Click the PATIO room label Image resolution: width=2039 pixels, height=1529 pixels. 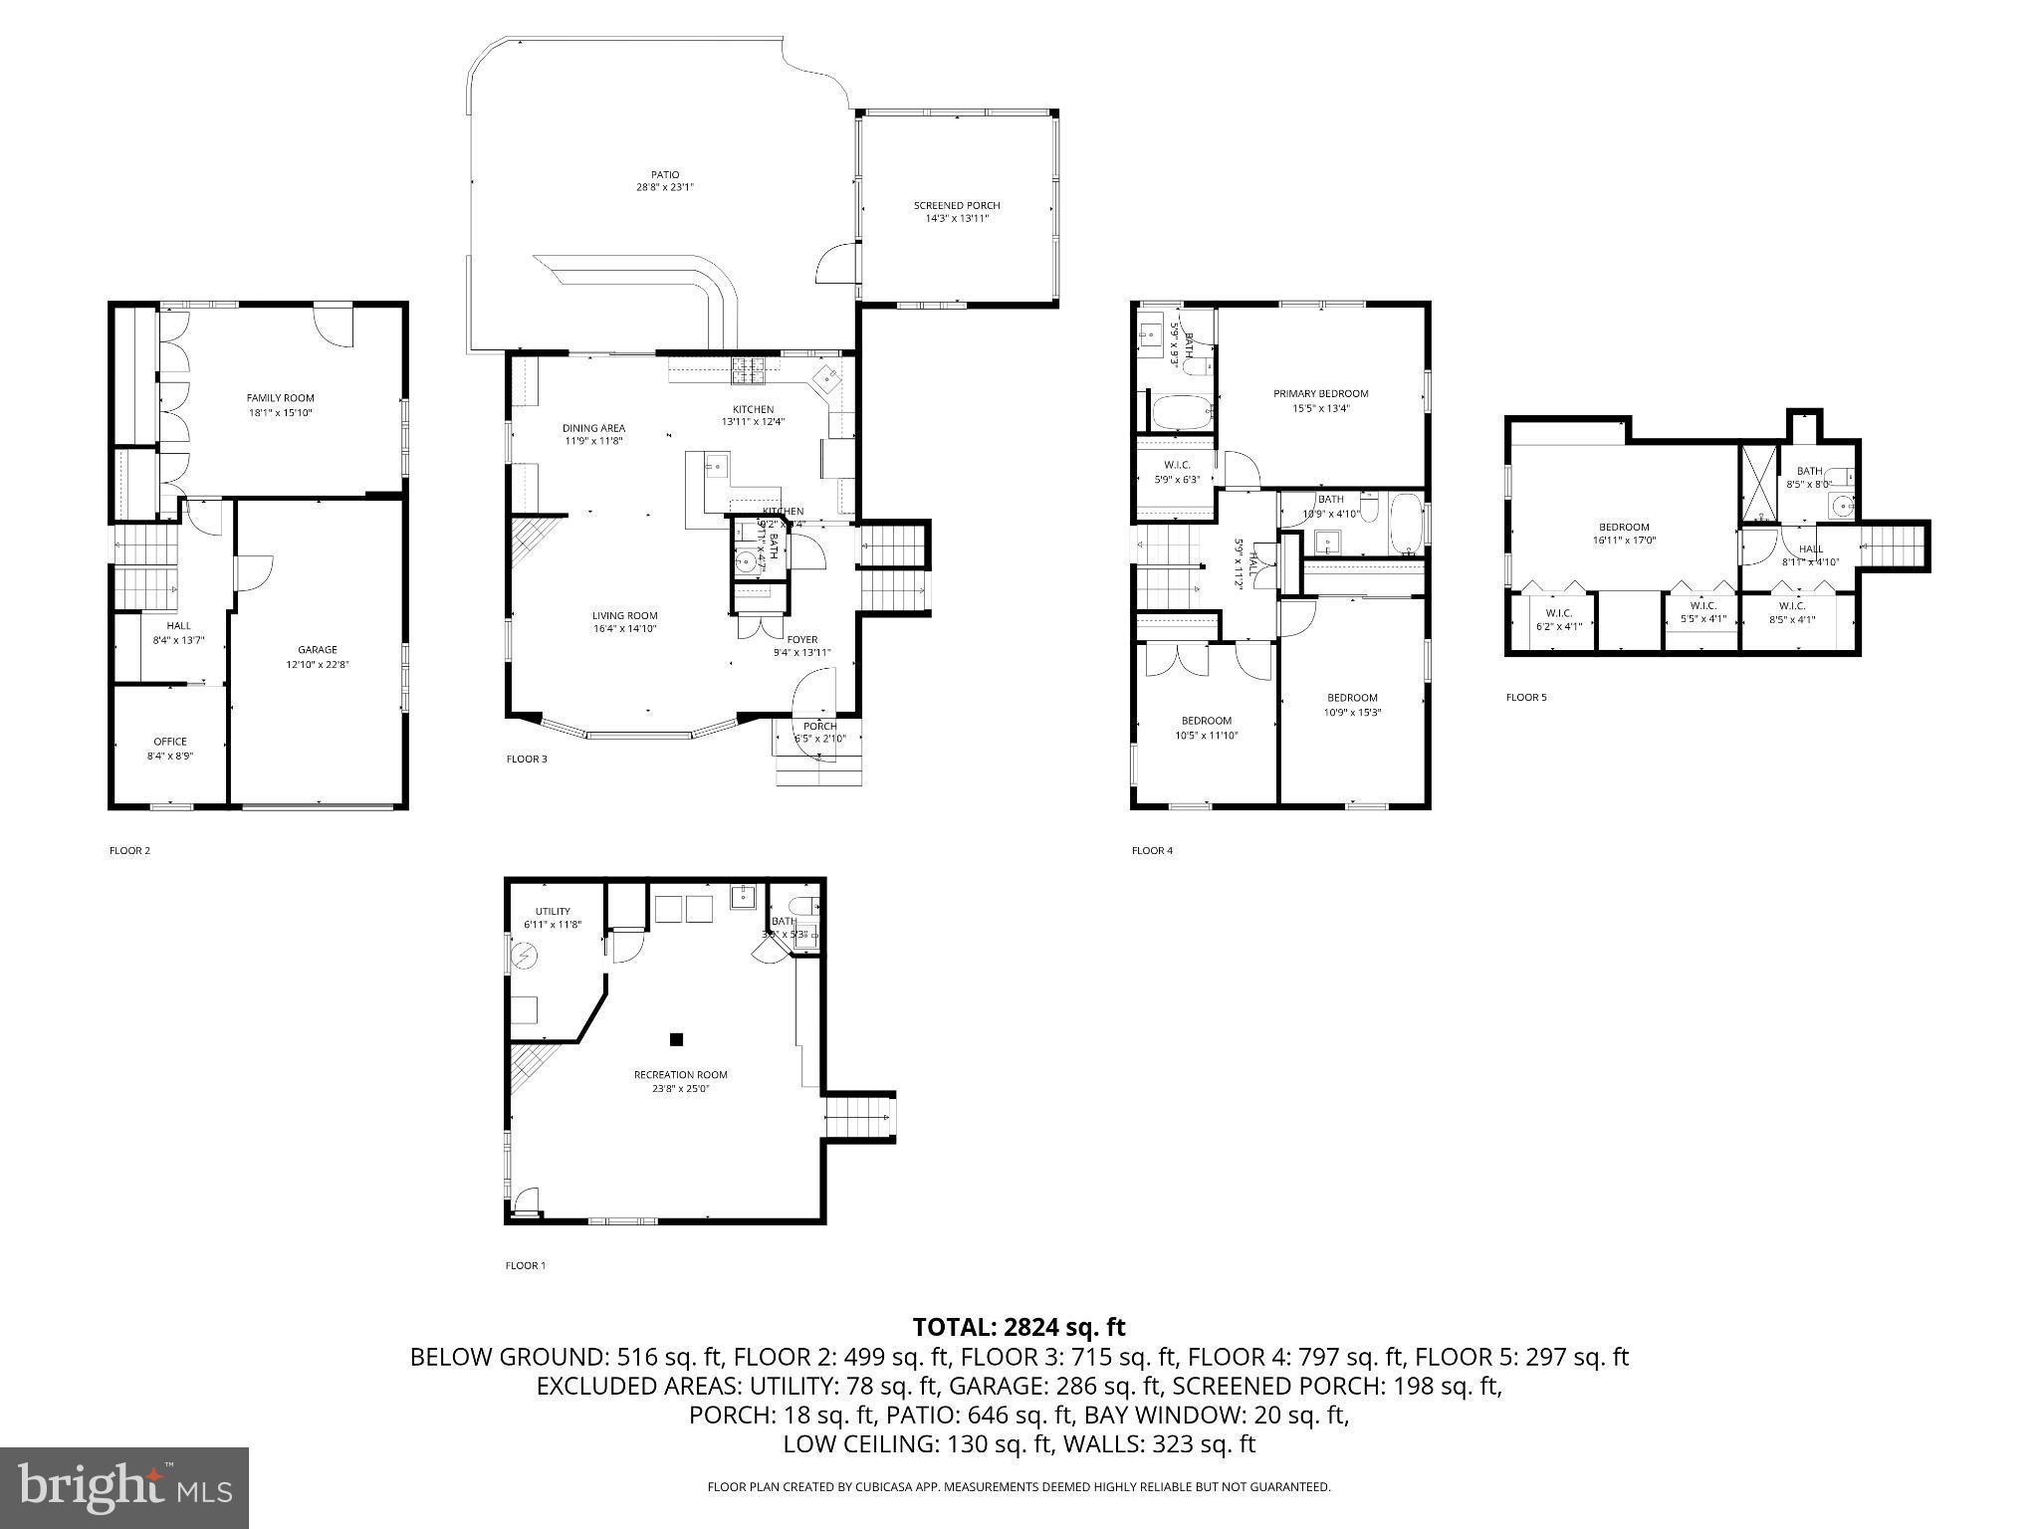665,175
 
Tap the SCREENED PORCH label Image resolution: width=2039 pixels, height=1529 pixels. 956,206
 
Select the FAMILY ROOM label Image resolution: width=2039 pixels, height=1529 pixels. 280,398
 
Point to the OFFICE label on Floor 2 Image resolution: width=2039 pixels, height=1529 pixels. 170,742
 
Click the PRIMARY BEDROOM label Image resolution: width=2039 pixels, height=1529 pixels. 1320,394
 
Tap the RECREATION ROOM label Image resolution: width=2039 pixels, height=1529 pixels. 680,1074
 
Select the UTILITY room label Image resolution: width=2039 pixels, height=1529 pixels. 553,911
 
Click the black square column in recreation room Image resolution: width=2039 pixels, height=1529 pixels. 676,1039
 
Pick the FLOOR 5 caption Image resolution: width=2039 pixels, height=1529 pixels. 1525,698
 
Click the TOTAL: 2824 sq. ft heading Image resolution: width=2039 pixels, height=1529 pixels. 1019,1327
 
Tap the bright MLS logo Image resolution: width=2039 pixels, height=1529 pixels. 124,1487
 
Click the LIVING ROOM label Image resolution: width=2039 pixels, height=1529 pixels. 624,615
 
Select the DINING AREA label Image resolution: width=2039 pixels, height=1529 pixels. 593,428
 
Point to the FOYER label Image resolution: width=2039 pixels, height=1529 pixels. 801,640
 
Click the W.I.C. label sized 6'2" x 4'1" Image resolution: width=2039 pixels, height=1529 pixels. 1558,613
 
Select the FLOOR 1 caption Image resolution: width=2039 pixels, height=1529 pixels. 526,1266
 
